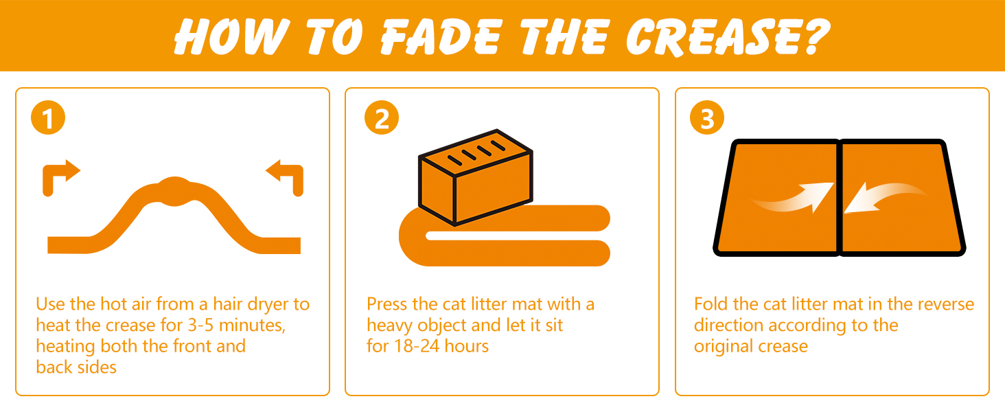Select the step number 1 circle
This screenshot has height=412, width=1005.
[48, 117]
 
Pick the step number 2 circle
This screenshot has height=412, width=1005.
[382, 117]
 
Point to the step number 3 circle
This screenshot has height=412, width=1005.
[707, 117]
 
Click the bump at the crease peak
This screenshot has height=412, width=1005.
[175, 191]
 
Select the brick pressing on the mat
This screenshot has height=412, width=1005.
[476, 177]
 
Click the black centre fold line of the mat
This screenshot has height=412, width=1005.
[840, 198]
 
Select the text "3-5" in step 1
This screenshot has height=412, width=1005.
[200, 325]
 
